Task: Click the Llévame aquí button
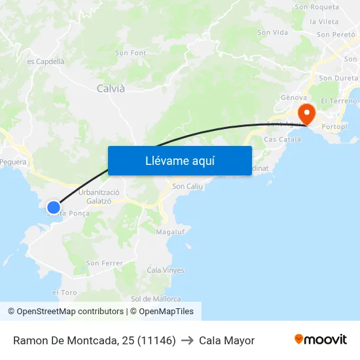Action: (179, 160)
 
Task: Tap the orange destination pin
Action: (306, 113)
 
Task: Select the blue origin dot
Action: (54, 207)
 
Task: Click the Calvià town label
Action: (111, 88)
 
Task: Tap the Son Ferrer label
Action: (105, 263)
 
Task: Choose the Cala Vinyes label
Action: (165, 270)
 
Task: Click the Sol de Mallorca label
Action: (156, 298)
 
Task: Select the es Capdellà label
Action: (46, 62)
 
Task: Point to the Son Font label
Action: (130, 53)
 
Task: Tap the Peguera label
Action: (13, 162)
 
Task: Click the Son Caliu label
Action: (187, 187)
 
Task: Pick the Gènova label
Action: (294, 98)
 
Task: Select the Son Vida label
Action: (272, 32)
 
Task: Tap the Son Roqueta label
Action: (317, 7)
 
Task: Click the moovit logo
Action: (320, 339)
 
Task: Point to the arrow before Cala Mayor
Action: (187, 340)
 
